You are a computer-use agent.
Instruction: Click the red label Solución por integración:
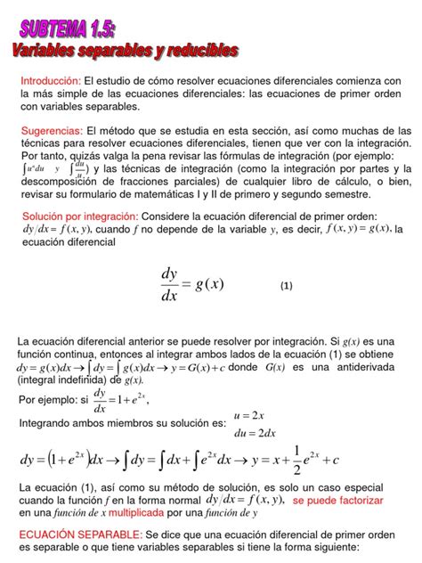point(81,216)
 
